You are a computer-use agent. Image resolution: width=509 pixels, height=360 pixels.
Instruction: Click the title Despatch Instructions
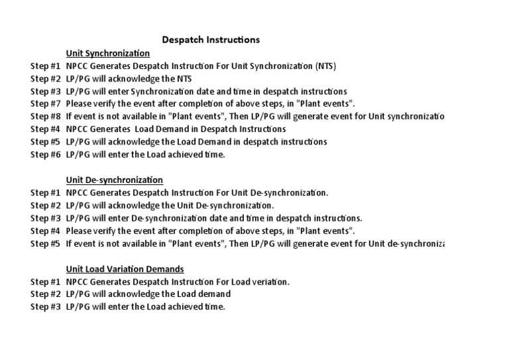(211, 40)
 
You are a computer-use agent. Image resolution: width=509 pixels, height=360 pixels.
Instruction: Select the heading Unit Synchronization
(108, 53)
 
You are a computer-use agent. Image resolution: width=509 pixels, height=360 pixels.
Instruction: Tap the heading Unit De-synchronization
(115, 180)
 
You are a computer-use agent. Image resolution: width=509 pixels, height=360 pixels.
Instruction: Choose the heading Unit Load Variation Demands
(125, 269)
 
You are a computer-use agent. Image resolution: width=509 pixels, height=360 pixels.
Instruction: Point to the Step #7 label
(46, 104)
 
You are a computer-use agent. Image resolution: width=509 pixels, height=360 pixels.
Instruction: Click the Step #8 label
(46, 117)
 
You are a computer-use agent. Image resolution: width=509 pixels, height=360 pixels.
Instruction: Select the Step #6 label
(46, 154)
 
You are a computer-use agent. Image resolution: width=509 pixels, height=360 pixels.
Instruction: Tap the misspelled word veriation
(268, 282)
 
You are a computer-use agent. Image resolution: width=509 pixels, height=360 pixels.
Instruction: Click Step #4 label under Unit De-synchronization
(46, 231)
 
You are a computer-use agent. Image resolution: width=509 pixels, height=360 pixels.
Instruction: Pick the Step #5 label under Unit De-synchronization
(46, 243)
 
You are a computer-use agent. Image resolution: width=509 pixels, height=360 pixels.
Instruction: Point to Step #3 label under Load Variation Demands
(46, 307)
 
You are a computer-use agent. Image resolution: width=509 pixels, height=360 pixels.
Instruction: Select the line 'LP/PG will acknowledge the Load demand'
(148, 294)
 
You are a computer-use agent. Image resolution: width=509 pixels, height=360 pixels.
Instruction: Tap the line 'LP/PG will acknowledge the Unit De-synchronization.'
(170, 206)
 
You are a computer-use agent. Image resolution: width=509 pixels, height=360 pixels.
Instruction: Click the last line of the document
(146, 307)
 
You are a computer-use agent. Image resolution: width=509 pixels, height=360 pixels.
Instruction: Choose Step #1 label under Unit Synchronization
(46, 66)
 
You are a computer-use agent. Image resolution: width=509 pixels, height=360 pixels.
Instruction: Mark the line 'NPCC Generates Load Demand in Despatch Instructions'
(176, 129)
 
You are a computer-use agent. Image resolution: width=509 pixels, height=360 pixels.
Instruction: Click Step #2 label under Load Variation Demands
(46, 294)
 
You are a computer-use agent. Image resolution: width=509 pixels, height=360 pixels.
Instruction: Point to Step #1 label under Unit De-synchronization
(46, 193)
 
